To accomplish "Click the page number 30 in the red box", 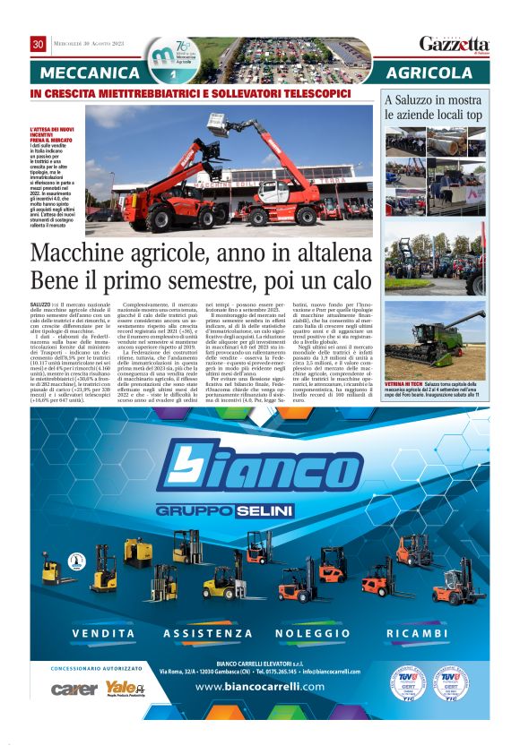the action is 38,44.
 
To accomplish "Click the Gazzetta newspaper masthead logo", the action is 455,44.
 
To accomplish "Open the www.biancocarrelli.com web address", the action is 259,687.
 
